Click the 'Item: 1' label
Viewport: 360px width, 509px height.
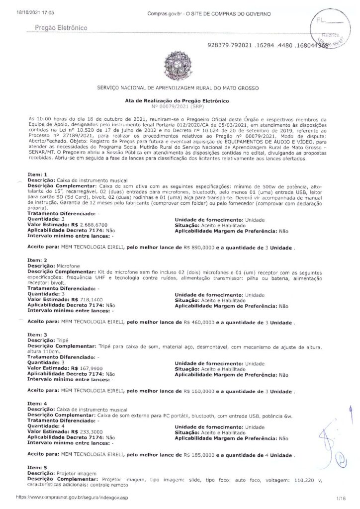click(37, 175)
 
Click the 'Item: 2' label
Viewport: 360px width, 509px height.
click(37, 260)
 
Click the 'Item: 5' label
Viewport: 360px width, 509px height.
click(37, 467)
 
